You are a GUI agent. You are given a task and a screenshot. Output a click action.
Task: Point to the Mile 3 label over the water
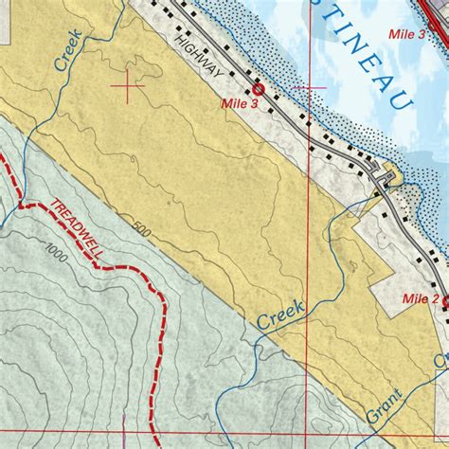pyautogui.click(x=406, y=34)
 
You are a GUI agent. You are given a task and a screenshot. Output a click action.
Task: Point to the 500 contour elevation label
pyautogui.click(x=142, y=230)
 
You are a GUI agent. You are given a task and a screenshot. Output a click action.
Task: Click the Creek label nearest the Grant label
pyautogui.click(x=280, y=315)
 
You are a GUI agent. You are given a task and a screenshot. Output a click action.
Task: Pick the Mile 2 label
pyautogui.click(x=421, y=298)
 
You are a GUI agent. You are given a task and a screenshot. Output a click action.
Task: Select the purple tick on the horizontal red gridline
pyautogui.click(x=124, y=432)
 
